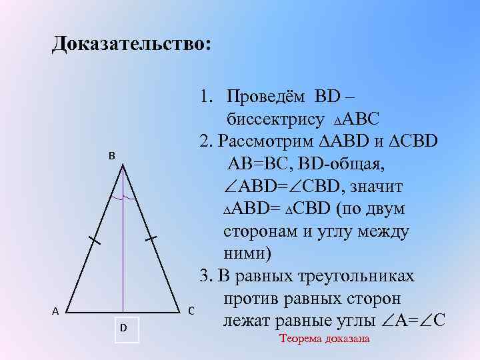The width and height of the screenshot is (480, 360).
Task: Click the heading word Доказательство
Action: pos(132,44)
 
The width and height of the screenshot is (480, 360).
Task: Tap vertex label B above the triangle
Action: pos(112,155)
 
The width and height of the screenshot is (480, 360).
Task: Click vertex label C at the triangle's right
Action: pos(191,310)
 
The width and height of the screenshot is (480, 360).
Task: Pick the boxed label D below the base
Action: pos(124,328)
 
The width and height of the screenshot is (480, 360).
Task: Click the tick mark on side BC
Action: pos(151,237)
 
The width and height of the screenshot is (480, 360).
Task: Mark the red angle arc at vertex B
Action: pos(124,199)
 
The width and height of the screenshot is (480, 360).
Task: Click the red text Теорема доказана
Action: pos(325,339)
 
